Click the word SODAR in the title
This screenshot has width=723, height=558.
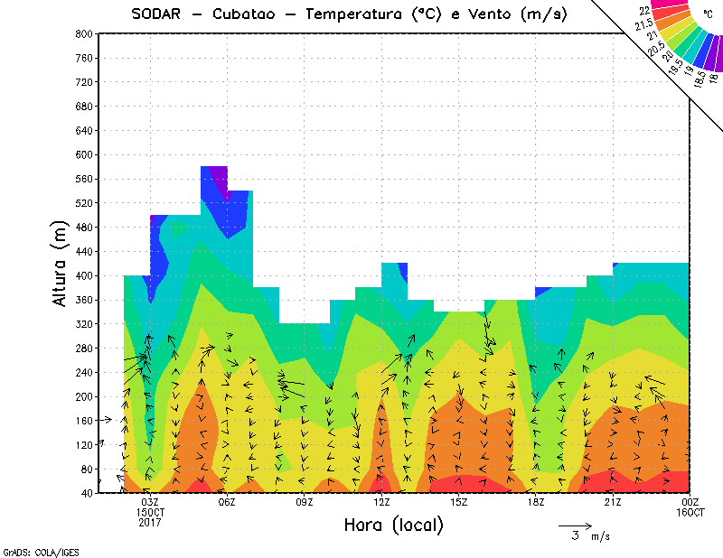click(x=159, y=14)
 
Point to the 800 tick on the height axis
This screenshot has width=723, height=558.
click(x=82, y=33)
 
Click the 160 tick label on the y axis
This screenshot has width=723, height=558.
click(x=82, y=421)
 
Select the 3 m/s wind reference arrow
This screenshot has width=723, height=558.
click(x=574, y=525)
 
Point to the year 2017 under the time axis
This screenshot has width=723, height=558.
click(x=150, y=522)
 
